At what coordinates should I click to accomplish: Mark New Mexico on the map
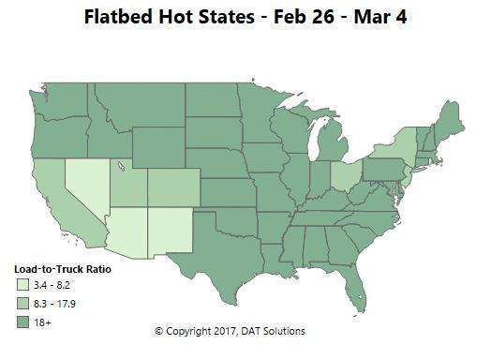[168, 234]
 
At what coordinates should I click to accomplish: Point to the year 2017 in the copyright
[218, 331]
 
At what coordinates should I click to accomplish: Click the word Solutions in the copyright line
[282, 331]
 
